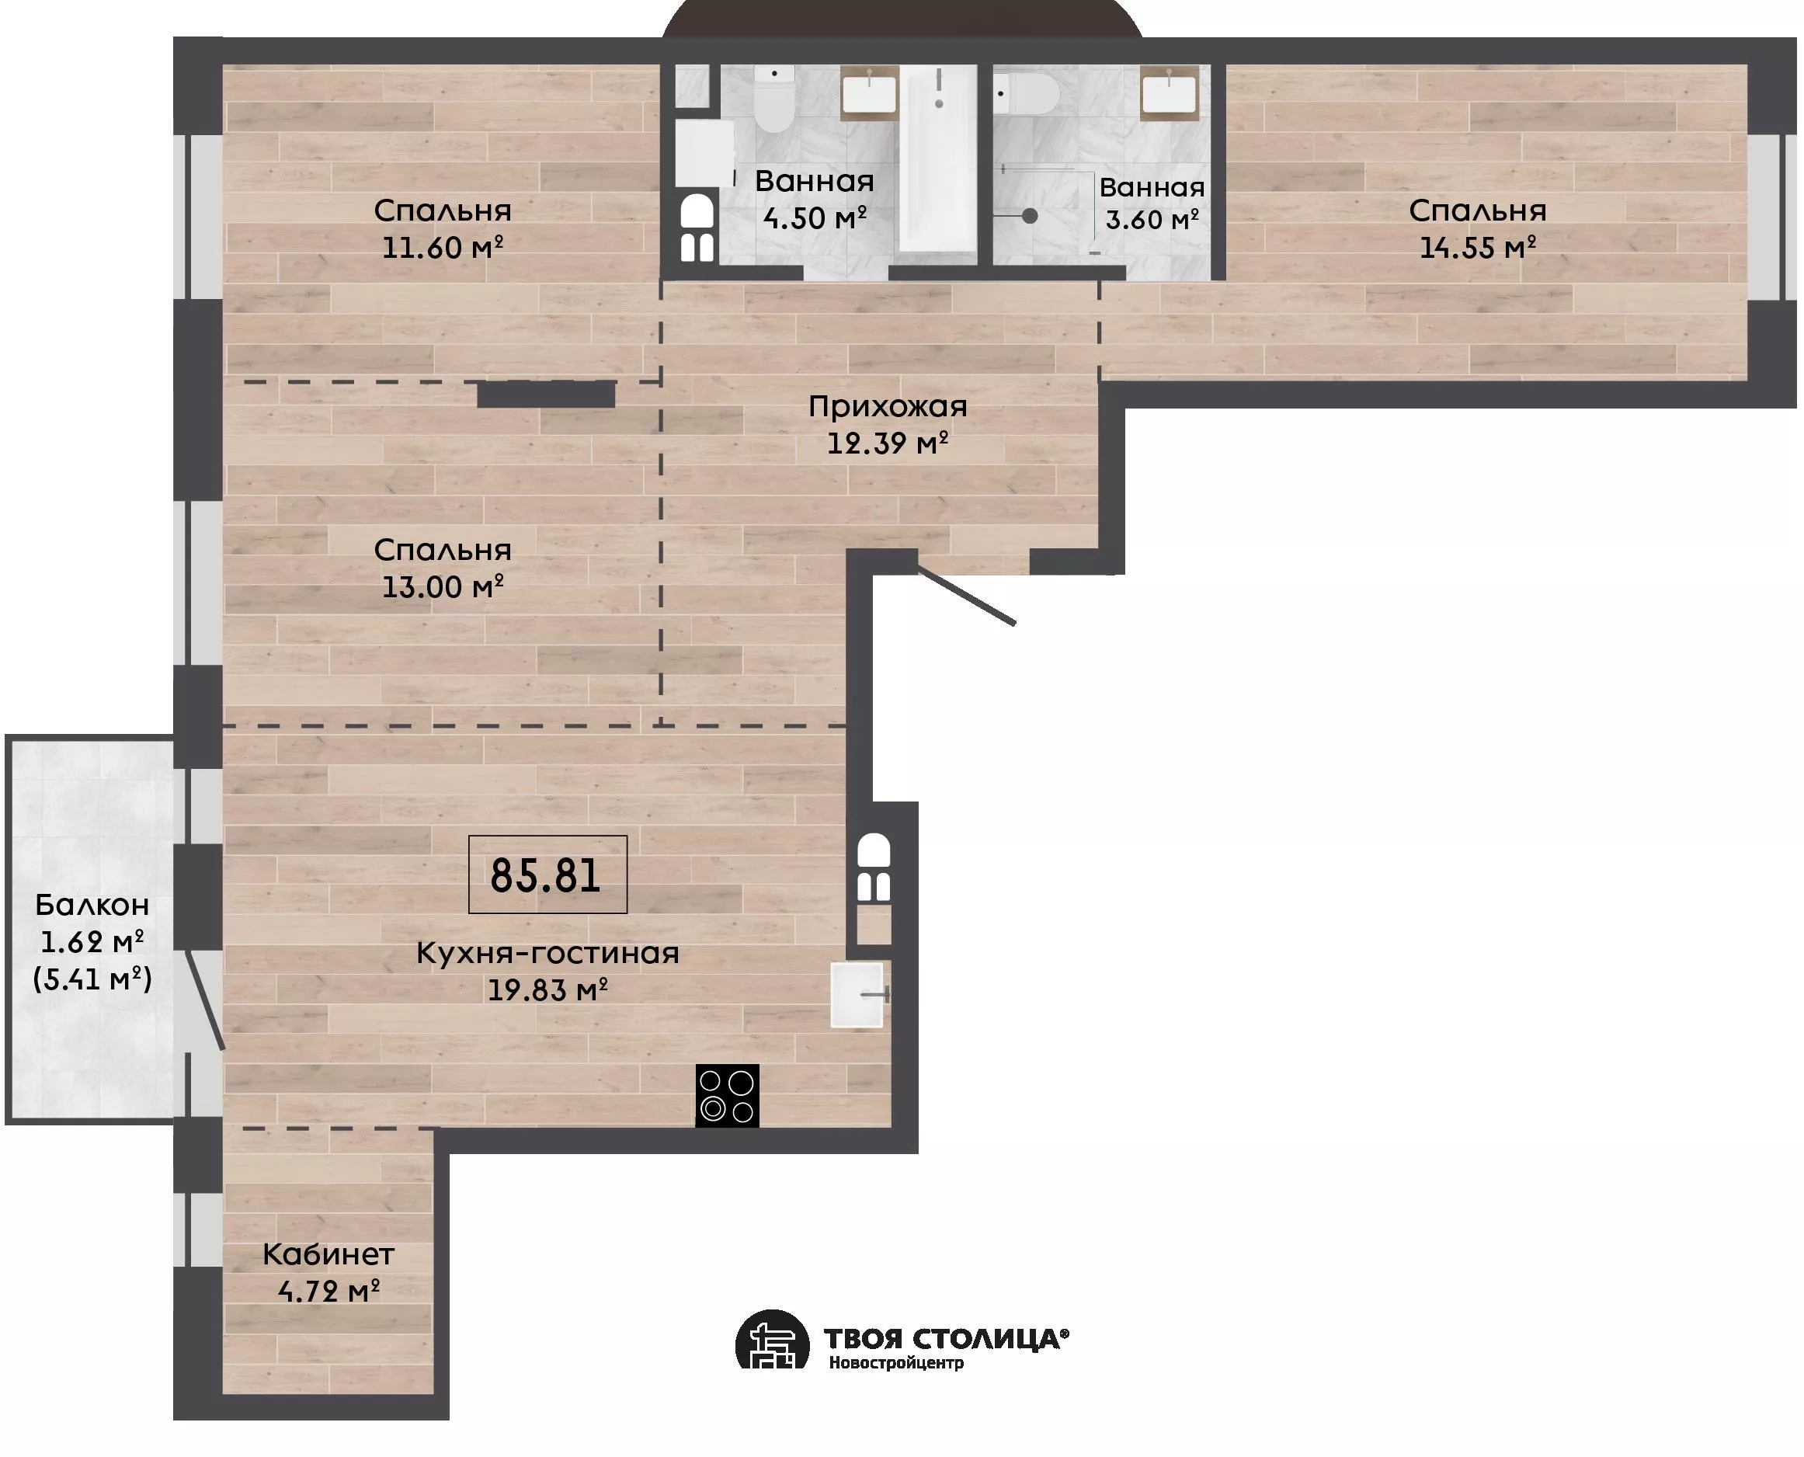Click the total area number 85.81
tap(545, 875)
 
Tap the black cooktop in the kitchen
tap(727, 1095)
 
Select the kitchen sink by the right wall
tap(858, 995)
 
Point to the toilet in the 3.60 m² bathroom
tap(1025, 94)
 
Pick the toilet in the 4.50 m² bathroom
tap(773, 99)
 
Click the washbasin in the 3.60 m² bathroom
tap(1169, 92)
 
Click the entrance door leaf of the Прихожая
tap(966, 595)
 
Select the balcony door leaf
tap(205, 1000)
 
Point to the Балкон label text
tap(92, 905)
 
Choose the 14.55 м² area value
tap(1478, 248)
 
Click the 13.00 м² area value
tap(442, 586)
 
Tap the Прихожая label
tap(888, 407)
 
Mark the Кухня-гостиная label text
tap(547, 954)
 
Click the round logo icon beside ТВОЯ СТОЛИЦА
tap(772, 1340)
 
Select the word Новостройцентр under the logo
tap(896, 1363)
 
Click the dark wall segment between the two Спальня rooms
tap(546, 395)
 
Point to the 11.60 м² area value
tap(442, 248)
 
